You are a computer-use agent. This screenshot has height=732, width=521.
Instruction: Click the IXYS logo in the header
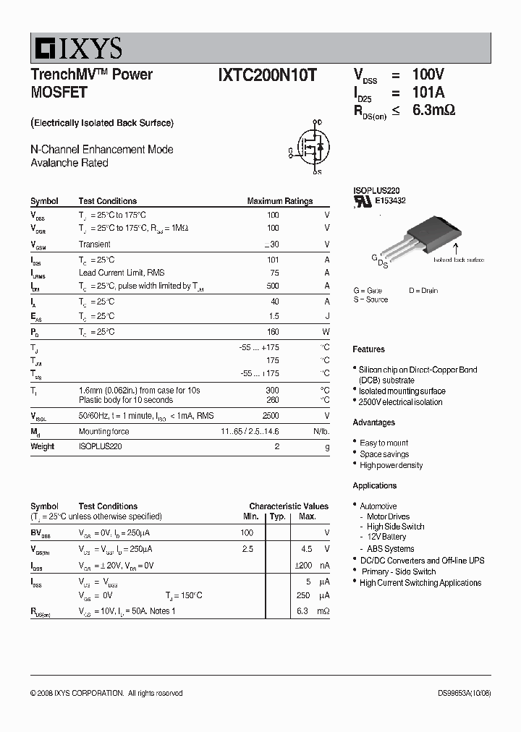[76, 48]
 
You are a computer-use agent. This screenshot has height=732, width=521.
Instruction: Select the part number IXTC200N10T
[267, 75]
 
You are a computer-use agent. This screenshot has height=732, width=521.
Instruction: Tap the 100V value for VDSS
[428, 75]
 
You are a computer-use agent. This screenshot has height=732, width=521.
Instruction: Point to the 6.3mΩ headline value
[433, 110]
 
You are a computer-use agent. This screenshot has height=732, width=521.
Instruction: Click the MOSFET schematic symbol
[311, 148]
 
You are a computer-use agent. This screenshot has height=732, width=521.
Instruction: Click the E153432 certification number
[389, 201]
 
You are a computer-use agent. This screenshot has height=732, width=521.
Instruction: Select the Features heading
[368, 349]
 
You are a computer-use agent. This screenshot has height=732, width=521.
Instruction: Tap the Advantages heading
[373, 422]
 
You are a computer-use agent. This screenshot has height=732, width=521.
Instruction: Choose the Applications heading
[374, 485]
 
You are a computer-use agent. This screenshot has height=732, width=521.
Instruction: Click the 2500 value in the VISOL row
[270, 416]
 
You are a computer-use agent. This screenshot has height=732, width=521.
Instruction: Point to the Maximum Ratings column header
[279, 201]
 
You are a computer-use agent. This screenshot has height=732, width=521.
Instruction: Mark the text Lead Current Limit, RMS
[122, 273]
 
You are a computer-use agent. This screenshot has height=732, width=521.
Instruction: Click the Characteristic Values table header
[288, 506]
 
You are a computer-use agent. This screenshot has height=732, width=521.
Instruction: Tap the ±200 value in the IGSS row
[305, 565]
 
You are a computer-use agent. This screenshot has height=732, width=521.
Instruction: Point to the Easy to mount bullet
[384, 443]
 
